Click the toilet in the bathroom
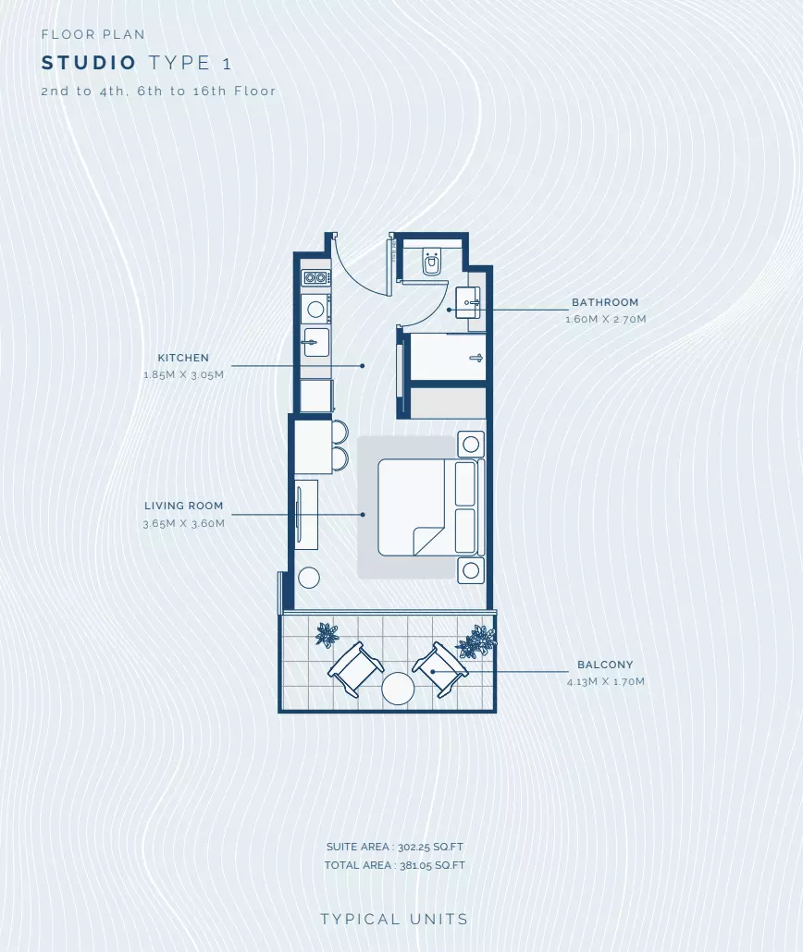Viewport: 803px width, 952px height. pos(432,262)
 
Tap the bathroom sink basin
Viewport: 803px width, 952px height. pos(468,301)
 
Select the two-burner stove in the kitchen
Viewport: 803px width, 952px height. pos(316,278)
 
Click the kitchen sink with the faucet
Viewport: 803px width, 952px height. pos(316,342)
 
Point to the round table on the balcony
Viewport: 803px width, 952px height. pos(398,689)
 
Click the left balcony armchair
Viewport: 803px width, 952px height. pos(355,668)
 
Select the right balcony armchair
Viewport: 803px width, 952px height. pos(440,668)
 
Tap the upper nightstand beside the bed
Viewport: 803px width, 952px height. pos(471,445)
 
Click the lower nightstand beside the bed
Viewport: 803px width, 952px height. pos(471,570)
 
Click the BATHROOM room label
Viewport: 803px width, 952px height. pos(605,302)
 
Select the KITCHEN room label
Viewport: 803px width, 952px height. pos(183,359)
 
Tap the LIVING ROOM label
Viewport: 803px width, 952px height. pos(183,506)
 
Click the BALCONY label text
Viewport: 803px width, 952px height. pos(605,665)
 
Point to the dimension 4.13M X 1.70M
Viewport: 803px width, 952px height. pos(606,682)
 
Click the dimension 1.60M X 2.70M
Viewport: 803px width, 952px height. pos(606,320)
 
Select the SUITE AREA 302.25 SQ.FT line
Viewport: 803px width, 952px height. pos(395,847)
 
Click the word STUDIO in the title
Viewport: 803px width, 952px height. pos(90,63)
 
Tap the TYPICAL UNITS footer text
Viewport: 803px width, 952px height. pos(394,920)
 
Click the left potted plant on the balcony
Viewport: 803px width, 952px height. pos(327,635)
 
